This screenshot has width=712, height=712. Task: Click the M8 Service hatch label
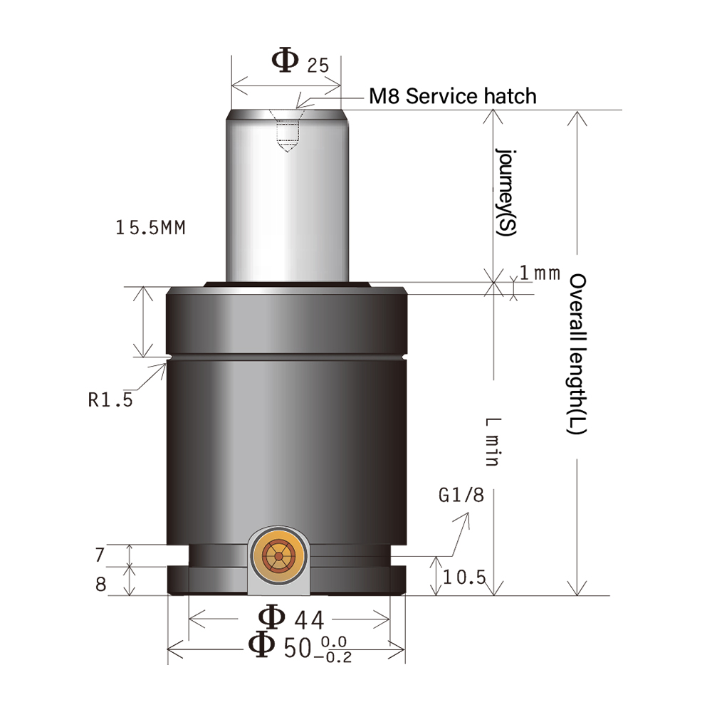pos(452,95)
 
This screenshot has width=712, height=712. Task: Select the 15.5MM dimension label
pos(150,228)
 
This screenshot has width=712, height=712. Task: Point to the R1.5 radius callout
pos(110,400)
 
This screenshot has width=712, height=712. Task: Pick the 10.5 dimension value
pos(464,577)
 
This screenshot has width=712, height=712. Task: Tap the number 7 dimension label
pos(100,553)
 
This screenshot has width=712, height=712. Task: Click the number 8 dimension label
pos(100,585)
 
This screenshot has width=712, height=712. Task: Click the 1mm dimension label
pos(539,273)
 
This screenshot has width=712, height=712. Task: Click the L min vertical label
pos(491,441)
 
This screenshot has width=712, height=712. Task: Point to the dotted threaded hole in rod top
pos(287,132)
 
